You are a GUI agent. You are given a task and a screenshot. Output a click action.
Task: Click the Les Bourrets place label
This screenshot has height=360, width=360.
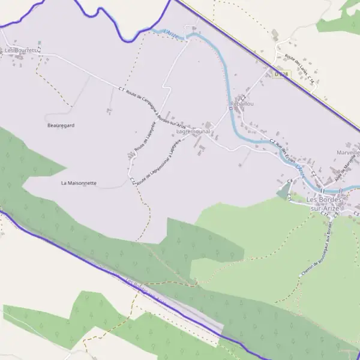click(x=17, y=51)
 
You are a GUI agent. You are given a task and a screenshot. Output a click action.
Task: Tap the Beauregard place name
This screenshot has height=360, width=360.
click(x=61, y=125)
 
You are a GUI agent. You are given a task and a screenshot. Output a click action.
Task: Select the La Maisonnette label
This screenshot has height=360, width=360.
click(x=79, y=182)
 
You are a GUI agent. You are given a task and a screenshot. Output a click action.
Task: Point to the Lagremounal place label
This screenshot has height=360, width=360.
click(x=193, y=130)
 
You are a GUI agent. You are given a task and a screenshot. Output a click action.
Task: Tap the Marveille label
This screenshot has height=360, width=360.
click(x=347, y=152)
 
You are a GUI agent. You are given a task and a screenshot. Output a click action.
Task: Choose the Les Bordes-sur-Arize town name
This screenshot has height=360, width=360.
click(x=324, y=203)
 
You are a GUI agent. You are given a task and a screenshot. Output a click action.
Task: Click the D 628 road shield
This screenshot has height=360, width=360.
click(x=281, y=74)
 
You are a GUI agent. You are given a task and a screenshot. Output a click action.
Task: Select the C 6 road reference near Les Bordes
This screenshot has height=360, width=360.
click(x=290, y=181)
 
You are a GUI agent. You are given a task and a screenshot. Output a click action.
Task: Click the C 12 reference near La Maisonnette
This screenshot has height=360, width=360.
click(x=131, y=179)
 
